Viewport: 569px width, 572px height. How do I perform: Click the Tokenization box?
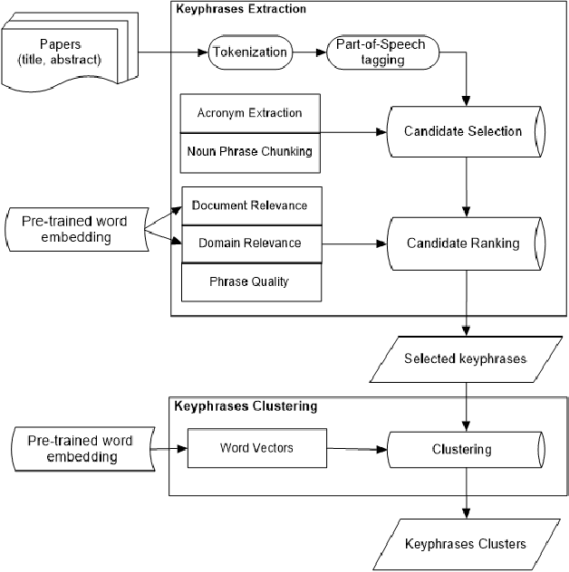pos(250,52)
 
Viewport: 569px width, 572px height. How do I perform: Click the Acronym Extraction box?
pos(248,113)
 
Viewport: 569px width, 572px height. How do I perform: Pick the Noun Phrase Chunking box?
pos(248,150)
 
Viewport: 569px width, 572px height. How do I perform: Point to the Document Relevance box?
pos(248,205)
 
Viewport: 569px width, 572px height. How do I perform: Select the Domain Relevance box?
pos(248,243)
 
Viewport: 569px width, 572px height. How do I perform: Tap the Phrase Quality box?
pos(248,281)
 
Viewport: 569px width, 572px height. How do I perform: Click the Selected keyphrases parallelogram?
pos(465,358)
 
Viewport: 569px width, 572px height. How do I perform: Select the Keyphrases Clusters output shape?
pos(465,544)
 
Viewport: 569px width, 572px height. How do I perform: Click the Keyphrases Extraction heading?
pos(239,9)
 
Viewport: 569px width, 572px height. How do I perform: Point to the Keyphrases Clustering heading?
pos(245,406)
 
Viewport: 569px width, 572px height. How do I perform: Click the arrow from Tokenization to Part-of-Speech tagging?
pos(311,52)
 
